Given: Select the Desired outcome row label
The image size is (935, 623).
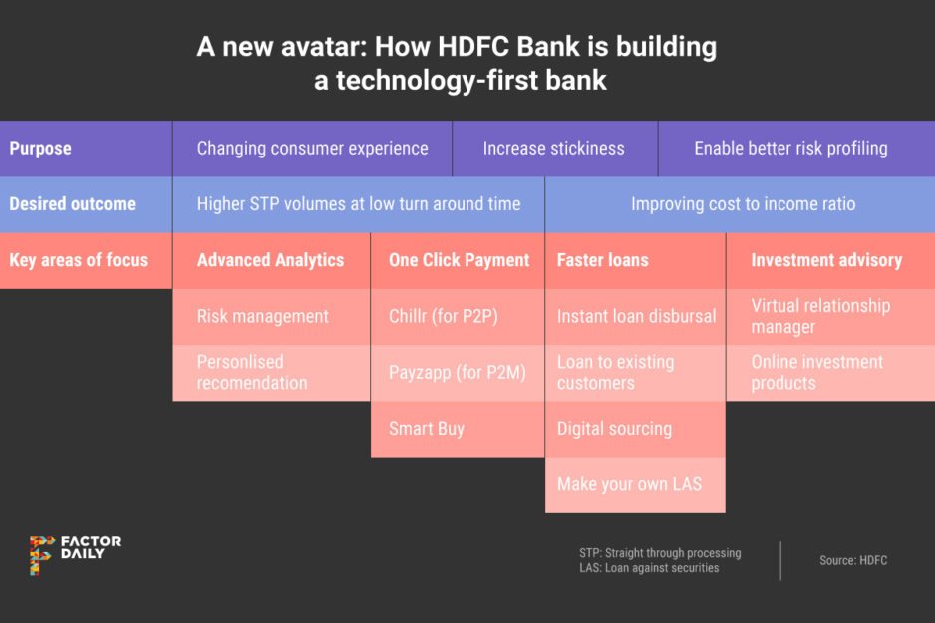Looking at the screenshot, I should pos(72,204).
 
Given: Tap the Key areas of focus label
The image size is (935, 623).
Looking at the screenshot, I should pos(78,260).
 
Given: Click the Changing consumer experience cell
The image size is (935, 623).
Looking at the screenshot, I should pos(312,149).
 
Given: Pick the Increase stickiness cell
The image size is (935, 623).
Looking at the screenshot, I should pos(554,149).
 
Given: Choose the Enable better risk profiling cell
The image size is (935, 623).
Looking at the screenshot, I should pos(790,149).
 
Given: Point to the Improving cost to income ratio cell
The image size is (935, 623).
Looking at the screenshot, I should pos(743,204).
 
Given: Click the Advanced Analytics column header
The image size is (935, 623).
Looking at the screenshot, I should pos(270,260).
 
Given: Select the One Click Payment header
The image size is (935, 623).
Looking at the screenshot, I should pos(459,260).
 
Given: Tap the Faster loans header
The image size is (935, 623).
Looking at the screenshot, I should pos(602,260).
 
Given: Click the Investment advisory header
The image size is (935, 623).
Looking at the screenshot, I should pos(826,260).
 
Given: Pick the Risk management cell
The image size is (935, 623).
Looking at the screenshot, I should pos(262,316).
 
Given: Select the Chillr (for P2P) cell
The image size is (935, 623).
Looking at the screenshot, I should pos(443,316).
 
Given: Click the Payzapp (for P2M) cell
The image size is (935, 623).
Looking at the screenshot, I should pos(457,373).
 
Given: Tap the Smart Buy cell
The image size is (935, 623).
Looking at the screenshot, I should pos(427,429).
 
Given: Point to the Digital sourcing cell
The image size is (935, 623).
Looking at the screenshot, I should pos(614,429).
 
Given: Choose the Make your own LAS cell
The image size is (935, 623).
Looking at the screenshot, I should pos(629,484).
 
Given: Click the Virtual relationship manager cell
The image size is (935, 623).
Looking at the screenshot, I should pos(820,316).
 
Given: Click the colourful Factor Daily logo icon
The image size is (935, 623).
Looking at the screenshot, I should pos(41,554).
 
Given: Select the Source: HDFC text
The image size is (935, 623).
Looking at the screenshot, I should pos(852,560).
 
